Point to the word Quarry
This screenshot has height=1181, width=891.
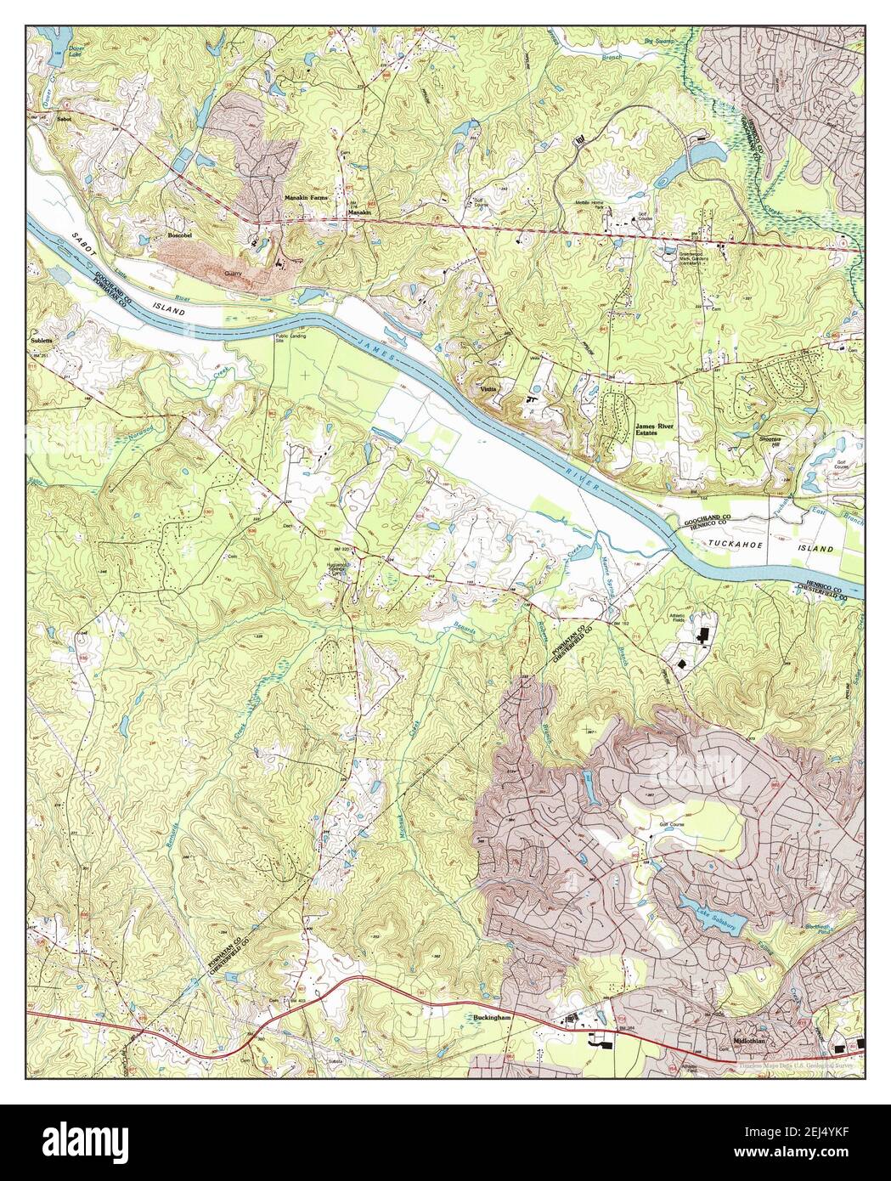234,274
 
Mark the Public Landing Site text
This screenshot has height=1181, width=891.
290,339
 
